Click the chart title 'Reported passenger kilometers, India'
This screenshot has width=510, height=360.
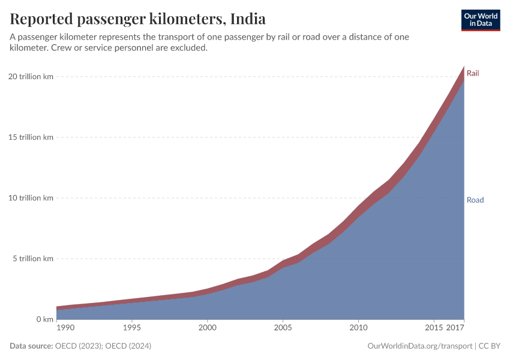(137, 19)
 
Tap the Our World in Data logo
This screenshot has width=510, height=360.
(480, 20)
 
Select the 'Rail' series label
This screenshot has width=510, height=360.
(473, 73)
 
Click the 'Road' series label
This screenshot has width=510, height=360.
(475, 200)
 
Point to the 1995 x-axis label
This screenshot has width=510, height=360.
(132, 328)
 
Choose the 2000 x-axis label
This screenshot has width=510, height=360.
(208, 328)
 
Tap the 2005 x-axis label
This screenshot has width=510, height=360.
(283, 328)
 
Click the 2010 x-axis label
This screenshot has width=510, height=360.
(358, 328)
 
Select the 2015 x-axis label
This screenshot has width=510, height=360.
(433, 328)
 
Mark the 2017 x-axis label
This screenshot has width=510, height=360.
(456, 328)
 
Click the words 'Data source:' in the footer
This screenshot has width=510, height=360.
(31, 346)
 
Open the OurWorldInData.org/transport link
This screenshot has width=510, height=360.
(419, 346)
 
